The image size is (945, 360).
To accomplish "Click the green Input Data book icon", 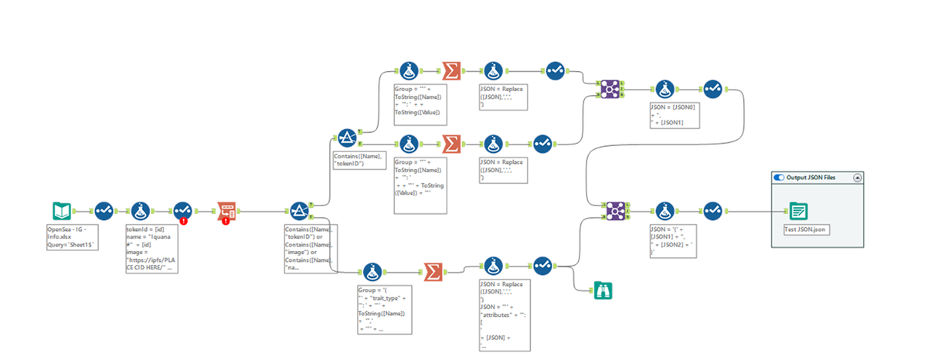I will [62, 210].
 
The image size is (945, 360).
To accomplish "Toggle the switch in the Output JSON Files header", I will [779, 177].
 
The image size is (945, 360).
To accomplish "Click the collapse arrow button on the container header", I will [857, 177].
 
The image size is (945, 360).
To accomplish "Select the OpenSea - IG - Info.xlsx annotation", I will [71, 234].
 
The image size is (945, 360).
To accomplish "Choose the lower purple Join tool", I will [615, 210].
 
